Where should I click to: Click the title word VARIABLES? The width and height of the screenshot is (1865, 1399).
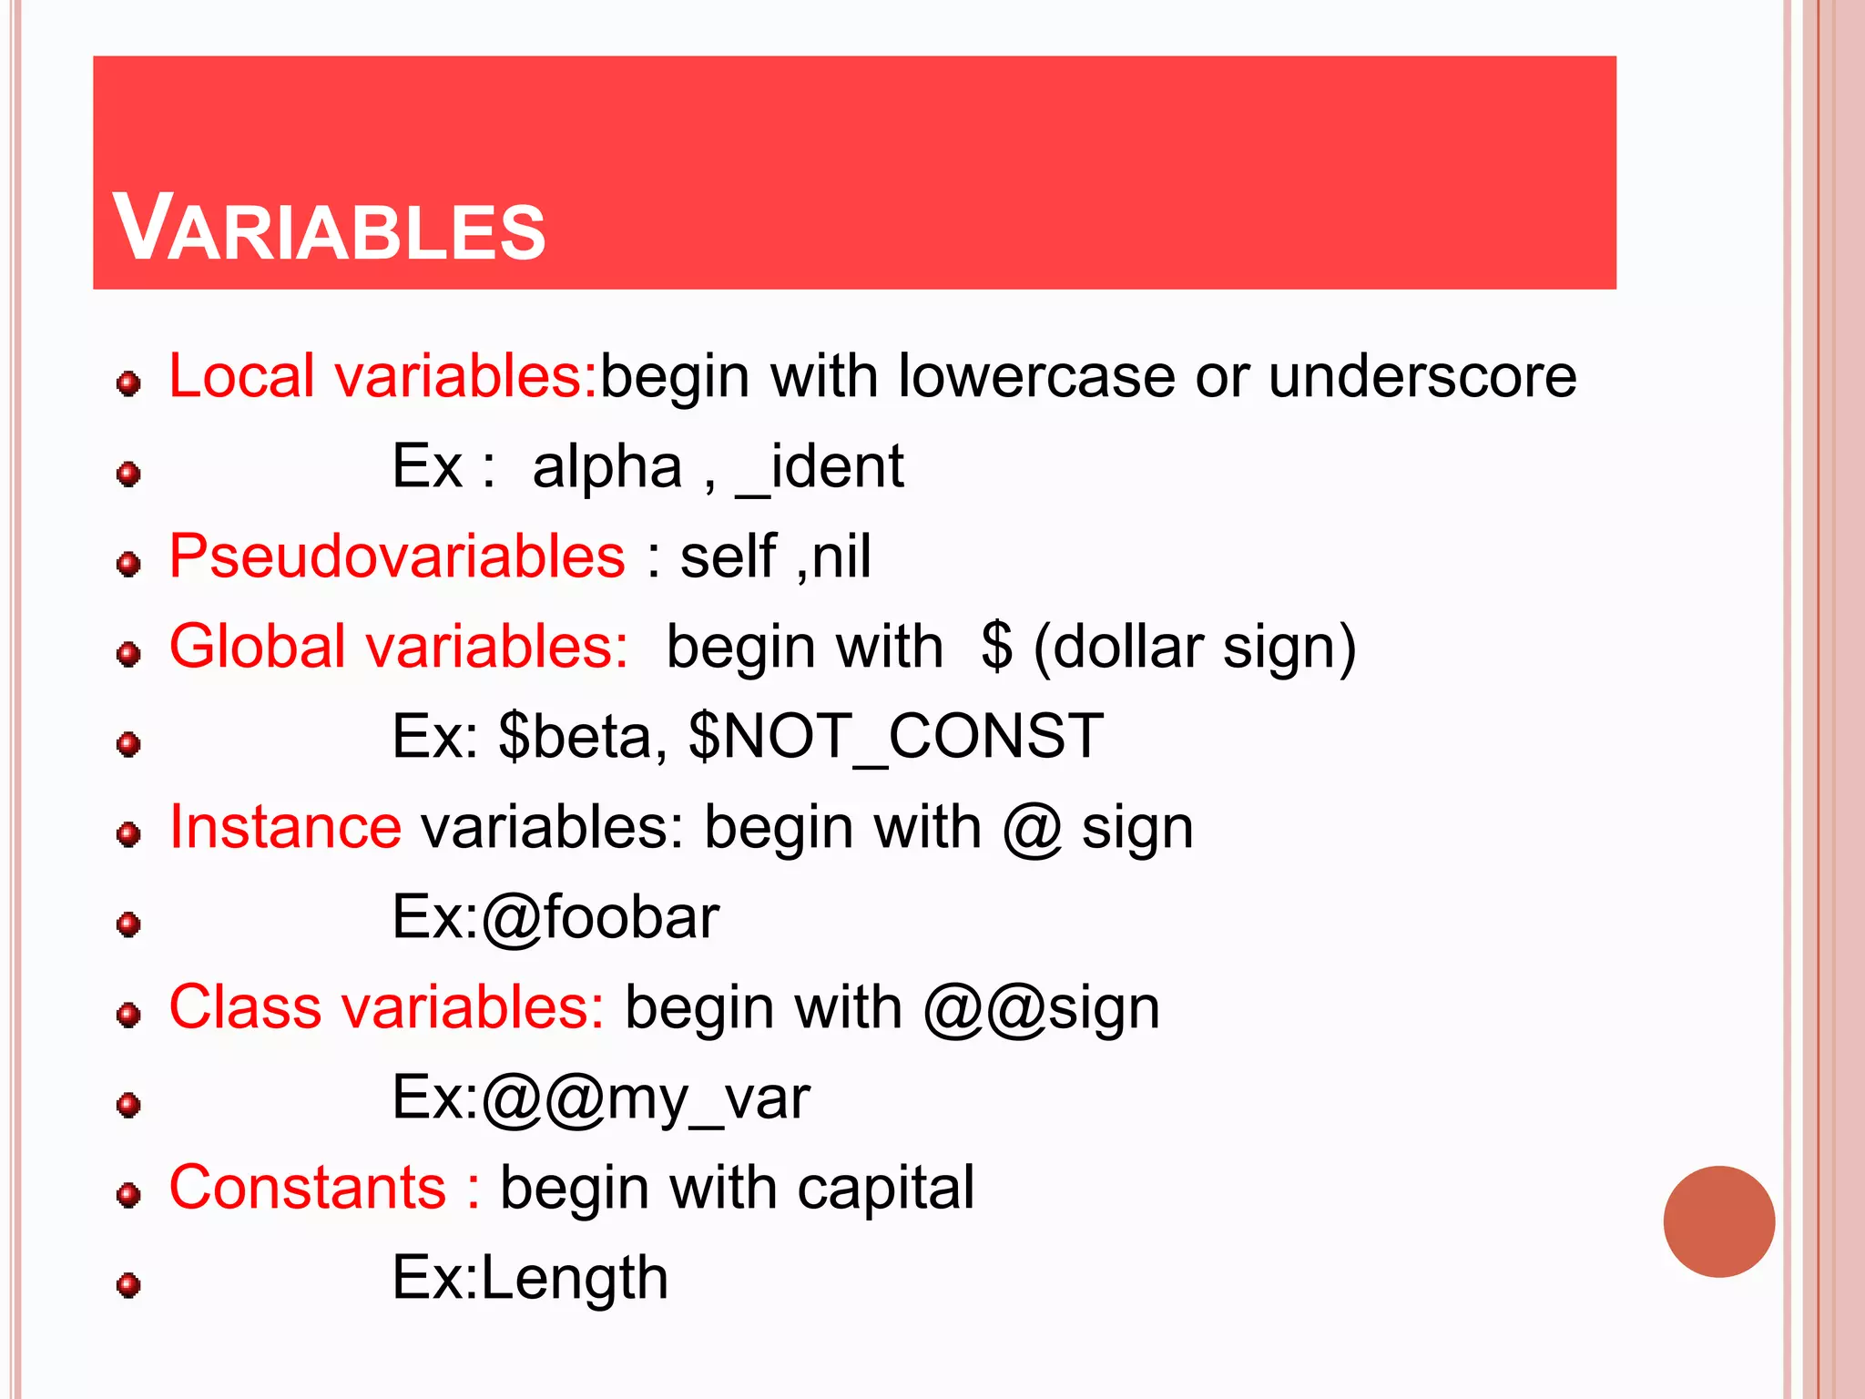click(329, 229)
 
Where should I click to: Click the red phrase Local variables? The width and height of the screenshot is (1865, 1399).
click(382, 375)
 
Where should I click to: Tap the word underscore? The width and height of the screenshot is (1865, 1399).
click(1422, 375)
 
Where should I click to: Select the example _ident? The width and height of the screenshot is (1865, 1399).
click(820, 467)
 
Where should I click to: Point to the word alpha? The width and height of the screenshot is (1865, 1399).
click(606, 467)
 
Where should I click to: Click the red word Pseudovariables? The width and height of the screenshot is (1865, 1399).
click(397, 557)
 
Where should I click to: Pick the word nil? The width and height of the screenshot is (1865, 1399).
click(841, 557)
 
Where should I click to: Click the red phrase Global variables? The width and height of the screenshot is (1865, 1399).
click(399, 647)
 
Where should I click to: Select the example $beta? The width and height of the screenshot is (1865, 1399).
click(575, 736)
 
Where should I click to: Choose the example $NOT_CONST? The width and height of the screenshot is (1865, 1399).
click(896, 736)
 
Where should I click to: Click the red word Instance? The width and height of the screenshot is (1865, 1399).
click(285, 827)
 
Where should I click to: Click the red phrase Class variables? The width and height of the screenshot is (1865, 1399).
click(387, 1007)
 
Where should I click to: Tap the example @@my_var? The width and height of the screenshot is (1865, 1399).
click(646, 1098)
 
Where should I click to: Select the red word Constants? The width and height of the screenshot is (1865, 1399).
click(308, 1188)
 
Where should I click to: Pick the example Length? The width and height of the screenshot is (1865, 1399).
click(575, 1278)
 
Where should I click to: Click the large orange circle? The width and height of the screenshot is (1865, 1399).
click(1718, 1221)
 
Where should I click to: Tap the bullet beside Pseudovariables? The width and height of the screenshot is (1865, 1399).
click(129, 564)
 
